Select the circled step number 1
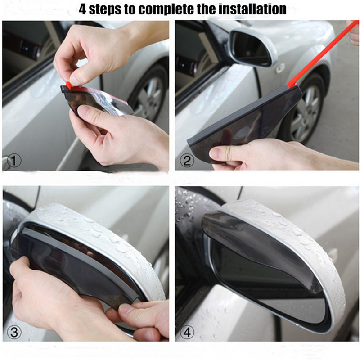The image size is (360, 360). pyautogui.click(x=14, y=160)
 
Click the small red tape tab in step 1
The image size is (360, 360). pyautogui.click(x=68, y=85)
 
